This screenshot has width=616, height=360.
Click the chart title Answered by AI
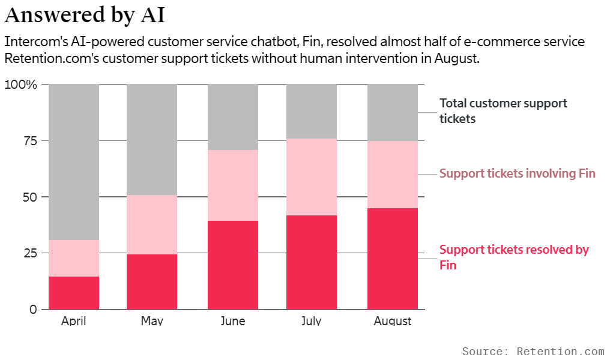click(x=84, y=15)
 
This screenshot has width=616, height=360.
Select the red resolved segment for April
click(x=74, y=293)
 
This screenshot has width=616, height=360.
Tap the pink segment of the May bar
click(x=152, y=224)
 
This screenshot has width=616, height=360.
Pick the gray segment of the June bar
click(x=233, y=117)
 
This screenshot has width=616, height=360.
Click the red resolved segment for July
click(x=311, y=262)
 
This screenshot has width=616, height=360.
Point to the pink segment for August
click(x=393, y=175)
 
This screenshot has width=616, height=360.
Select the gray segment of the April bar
click(x=74, y=162)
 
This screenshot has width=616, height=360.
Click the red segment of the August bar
click(x=393, y=259)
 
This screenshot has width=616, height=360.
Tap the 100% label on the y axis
click(x=21, y=85)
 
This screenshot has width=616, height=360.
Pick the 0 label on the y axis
click(x=33, y=310)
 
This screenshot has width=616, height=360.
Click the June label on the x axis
click(x=233, y=321)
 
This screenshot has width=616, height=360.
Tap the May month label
click(x=152, y=321)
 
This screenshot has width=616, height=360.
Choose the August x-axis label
click(x=393, y=321)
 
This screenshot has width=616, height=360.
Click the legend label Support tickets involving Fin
click(x=517, y=174)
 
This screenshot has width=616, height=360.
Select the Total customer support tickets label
click(x=503, y=111)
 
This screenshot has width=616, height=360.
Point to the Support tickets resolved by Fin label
click(x=514, y=257)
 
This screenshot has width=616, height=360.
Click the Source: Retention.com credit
click(x=533, y=351)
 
